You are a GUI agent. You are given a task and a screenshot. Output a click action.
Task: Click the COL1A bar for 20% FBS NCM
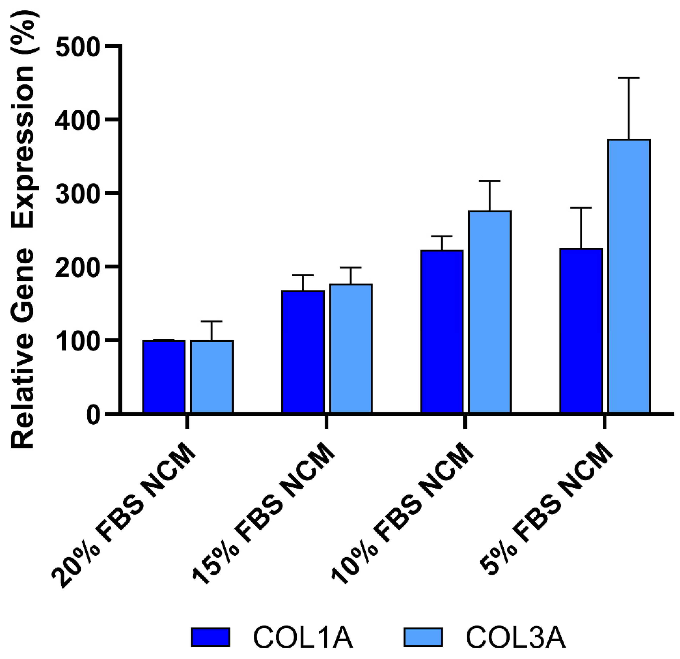pyautogui.click(x=164, y=377)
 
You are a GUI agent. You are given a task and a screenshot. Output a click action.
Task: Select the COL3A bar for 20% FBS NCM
pyautogui.click(x=212, y=377)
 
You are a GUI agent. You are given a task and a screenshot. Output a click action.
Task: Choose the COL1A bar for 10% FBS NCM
pyautogui.click(x=442, y=331)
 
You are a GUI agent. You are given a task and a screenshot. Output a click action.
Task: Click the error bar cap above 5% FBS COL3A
pyautogui.click(x=629, y=78)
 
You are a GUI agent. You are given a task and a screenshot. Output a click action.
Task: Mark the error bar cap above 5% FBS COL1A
pyautogui.click(x=581, y=208)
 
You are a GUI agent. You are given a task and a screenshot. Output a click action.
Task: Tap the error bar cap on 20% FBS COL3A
pyautogui.click(x=211, y=321)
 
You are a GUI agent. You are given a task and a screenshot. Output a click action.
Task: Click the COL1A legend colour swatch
pyautogui.click(x=210, y=637)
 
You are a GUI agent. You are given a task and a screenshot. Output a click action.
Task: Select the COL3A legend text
pyautogui.click(x=516, y=637)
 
